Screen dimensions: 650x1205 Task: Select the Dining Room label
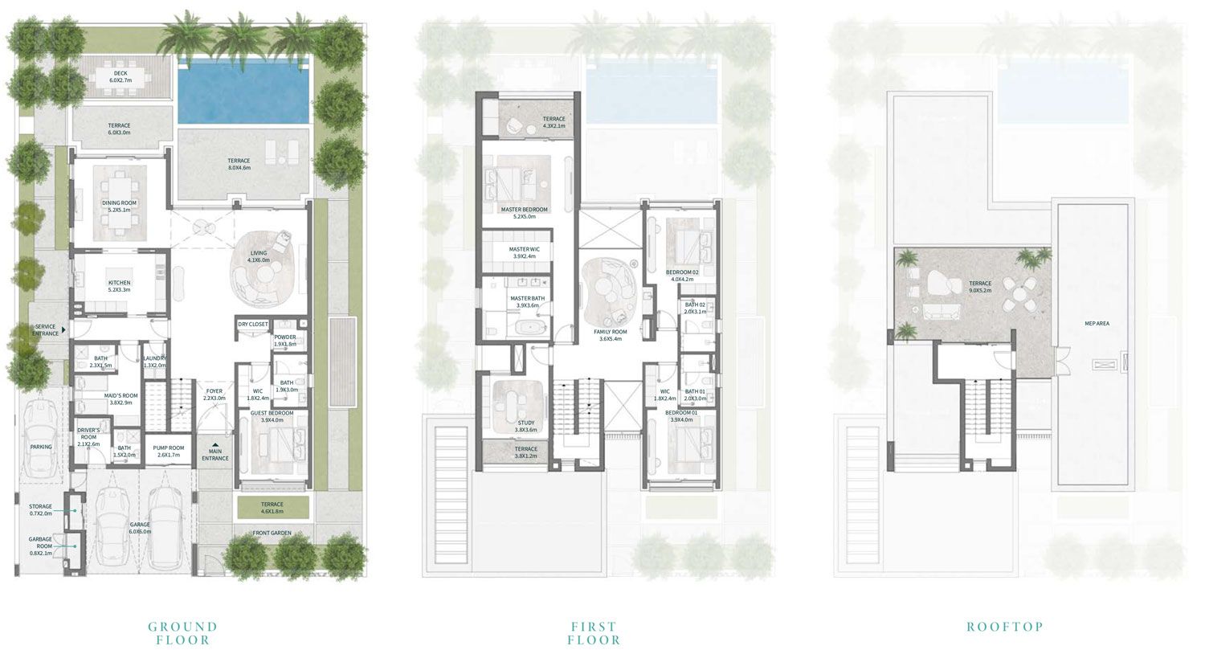(x=119, y=206)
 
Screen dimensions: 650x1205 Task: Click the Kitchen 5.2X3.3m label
(x=119, y=287)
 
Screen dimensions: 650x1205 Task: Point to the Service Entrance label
(x=46, y=329)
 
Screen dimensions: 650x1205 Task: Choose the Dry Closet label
(x=253, y=325)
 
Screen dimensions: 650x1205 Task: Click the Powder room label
(x=285, y=341)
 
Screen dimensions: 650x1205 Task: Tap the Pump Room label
(x=169, y=452)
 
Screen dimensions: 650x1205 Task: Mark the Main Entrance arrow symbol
(x=214, y=442)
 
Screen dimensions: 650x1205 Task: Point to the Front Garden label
(x=272, y=533)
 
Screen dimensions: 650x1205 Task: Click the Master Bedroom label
(x=524, y=213)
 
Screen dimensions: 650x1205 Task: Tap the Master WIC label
(x=524, y=253)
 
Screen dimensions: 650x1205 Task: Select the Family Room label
(x=611, y=335)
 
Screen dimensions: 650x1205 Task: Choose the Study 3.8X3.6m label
(x=525, y=426)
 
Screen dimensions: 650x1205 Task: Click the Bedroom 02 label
(x=682, y=276)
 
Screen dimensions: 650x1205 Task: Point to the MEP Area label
(x=1097, y=323)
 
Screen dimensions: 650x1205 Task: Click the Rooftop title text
(x=1004, y=627)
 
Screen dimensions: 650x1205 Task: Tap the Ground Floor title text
(x=183, y=633)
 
